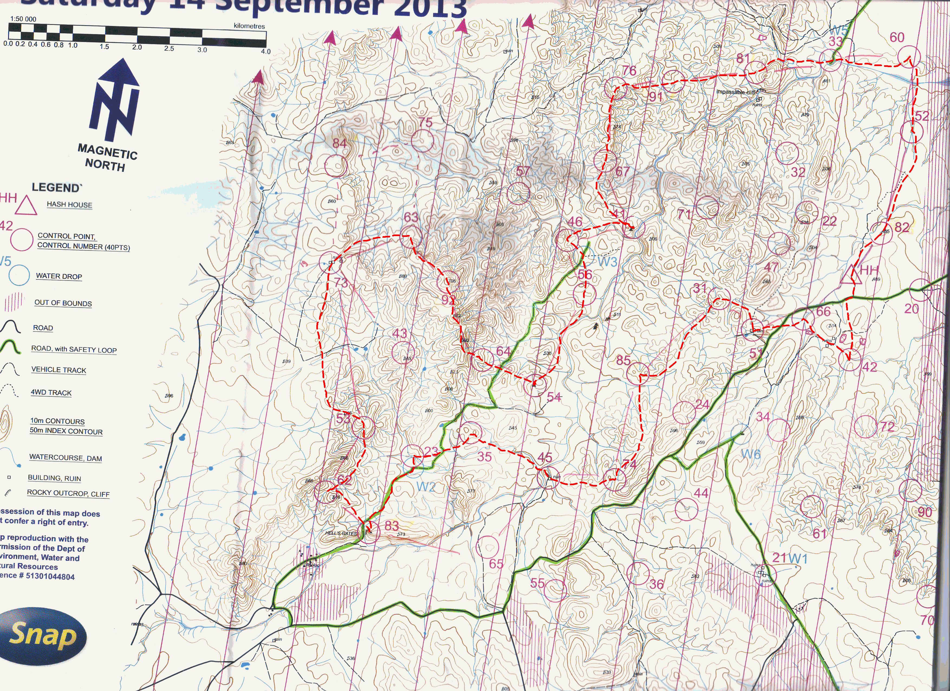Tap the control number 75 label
pos(425,123)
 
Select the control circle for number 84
pos(336,166)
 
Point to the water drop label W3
pos(607,262)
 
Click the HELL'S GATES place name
pos(341,533)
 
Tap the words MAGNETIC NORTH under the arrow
pos(108,158)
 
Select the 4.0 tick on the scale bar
pos(266,51)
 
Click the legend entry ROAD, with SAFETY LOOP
pos(74,349)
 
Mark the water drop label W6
pos(751,454)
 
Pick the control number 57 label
pos(523,171)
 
